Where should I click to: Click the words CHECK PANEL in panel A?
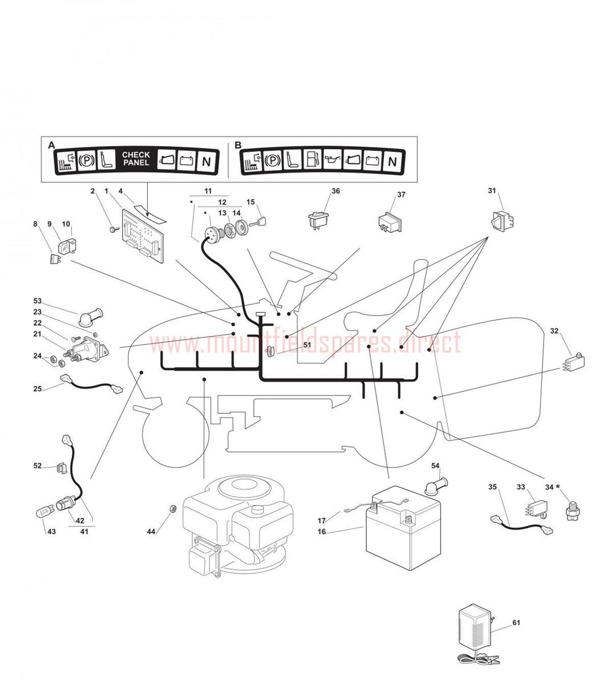tap(136, 159)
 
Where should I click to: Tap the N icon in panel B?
tap(392, 162)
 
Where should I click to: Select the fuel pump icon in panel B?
tap(312, 159)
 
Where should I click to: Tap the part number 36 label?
tap(335, 191)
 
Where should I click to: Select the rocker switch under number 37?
tap(389, 222)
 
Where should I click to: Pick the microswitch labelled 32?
tap(573, 362)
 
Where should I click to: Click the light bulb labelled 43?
tap(44, 513)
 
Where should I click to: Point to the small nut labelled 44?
tap(172, 508)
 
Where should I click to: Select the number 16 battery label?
tap(322, 531)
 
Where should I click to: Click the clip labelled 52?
tap(61, 468)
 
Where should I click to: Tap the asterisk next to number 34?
tap(557, 486)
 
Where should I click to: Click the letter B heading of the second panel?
tap(238, 145)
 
